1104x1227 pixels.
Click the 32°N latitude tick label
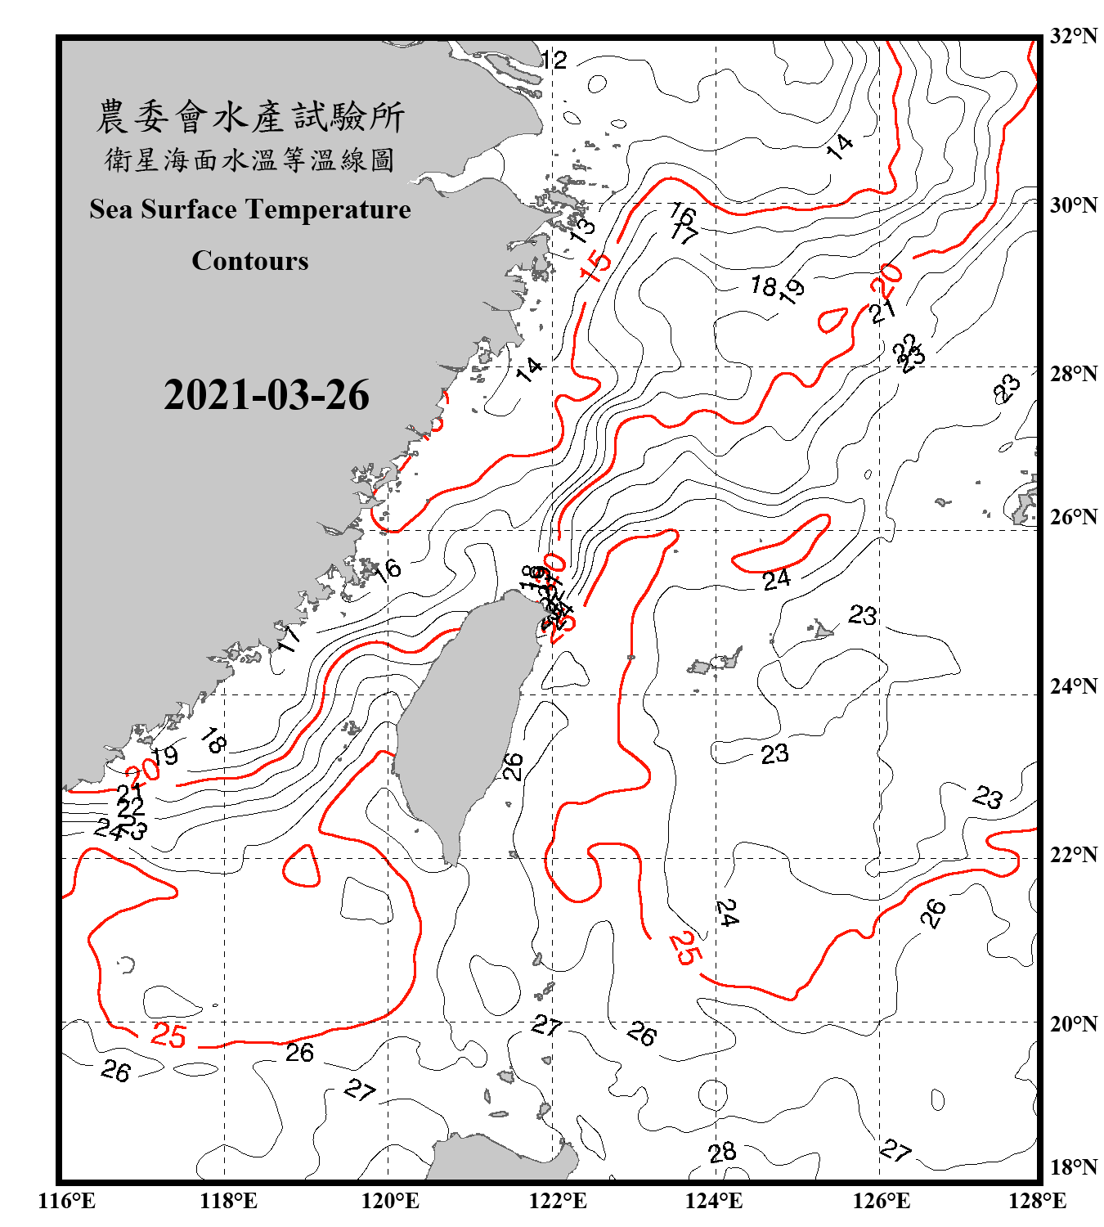[x=1073, y=36]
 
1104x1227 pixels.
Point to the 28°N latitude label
[x=1073, y=374]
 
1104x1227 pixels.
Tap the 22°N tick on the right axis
[x=1073, y=855]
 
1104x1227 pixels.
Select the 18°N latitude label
[x=1073, y=1166]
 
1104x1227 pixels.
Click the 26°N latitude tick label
[x=1073, y=517]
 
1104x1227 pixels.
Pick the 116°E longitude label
[x=67, y=1201]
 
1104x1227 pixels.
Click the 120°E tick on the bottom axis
[x=390, y=1201]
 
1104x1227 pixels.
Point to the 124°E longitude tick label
[x=714, y=1201]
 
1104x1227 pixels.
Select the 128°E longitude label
[x=1037, y=1201]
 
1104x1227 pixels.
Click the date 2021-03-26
[x=267, y=395]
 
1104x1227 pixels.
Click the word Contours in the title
[x=250, y=261]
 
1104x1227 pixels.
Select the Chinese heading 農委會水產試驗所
[x=250, y=117]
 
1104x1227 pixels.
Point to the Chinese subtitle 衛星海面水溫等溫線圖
[x=250, y=160]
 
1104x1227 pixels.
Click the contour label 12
[x=554, y=60]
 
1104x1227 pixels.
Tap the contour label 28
[x=722, y=1153]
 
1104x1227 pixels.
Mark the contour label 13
[x=582, y=229]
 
